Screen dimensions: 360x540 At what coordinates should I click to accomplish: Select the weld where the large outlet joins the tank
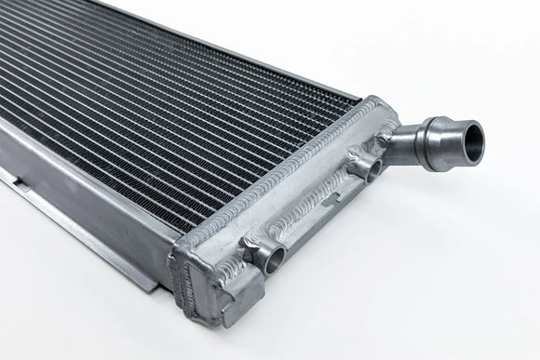click(392, 130)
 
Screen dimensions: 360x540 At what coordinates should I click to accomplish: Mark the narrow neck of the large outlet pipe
click(410, 140)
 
